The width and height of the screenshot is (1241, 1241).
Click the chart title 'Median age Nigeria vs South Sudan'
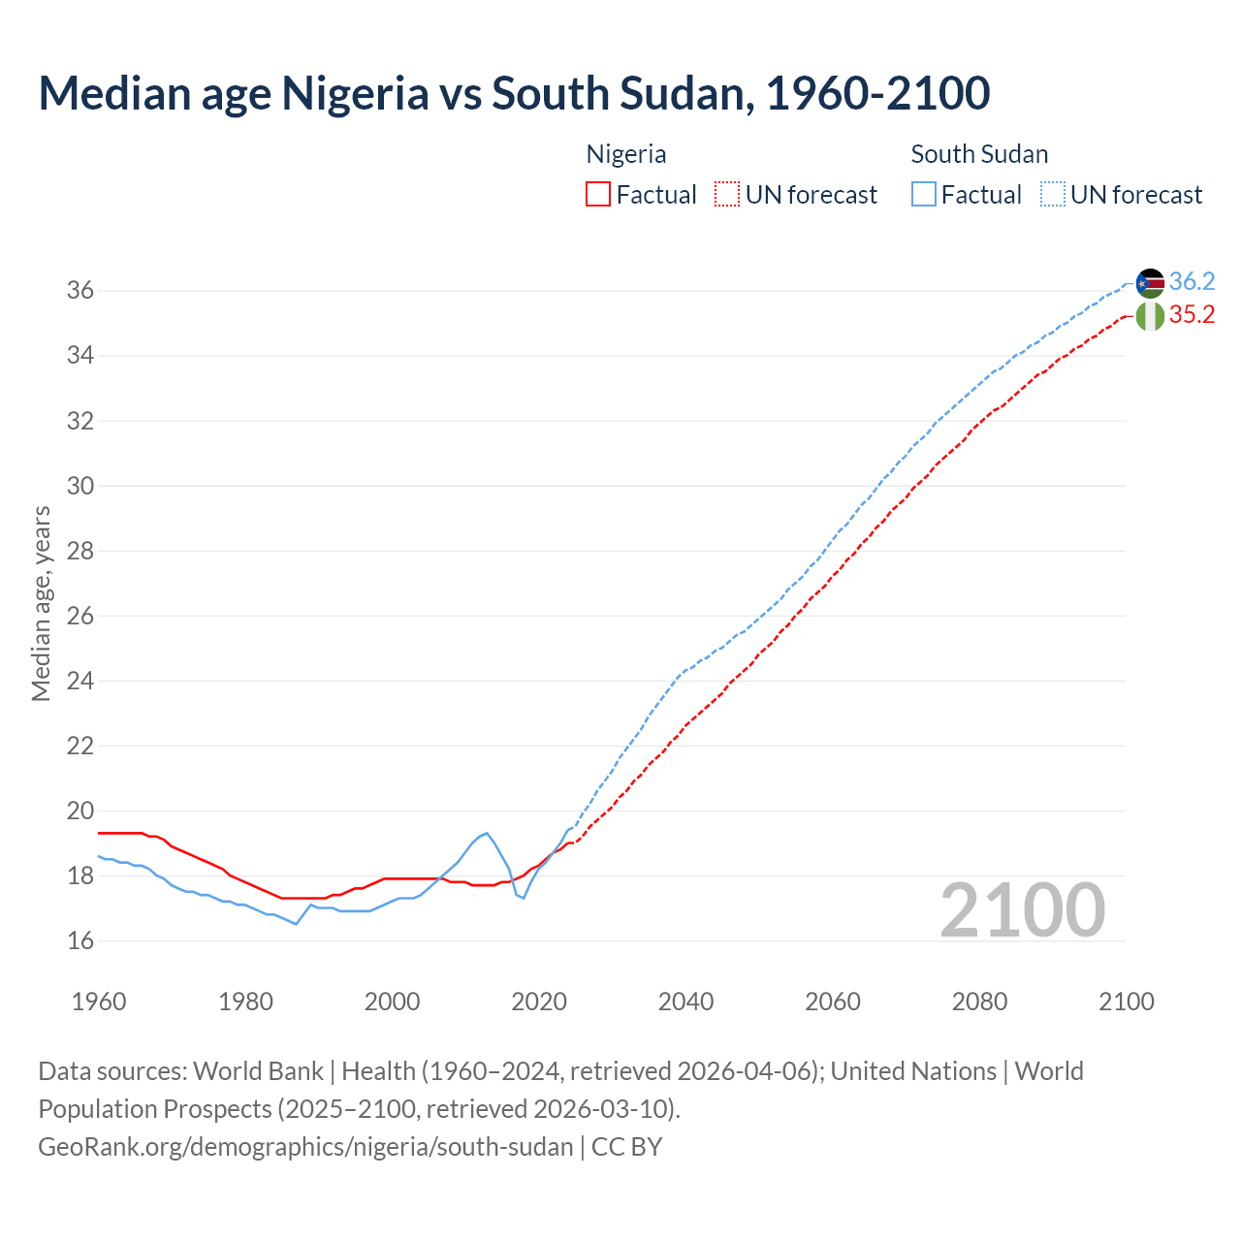pos(514,93)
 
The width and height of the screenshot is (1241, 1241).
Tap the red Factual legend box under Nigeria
pos(598,195)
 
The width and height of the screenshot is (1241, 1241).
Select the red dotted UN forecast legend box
pos(727,195)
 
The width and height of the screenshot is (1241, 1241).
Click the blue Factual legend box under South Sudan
pos(924,195)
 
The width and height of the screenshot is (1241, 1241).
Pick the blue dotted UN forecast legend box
pos(1053,195)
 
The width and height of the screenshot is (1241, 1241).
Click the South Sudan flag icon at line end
pos(1150,283)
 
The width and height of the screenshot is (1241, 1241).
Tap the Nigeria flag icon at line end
pos(1150,316)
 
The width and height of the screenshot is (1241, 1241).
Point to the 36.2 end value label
pos(1192,282)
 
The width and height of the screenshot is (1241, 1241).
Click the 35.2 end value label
pos(1192,315)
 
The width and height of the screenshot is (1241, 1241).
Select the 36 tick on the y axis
pos(80,291)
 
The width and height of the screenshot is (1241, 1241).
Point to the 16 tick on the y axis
pos(80,941)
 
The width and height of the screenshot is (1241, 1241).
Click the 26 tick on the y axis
pos(80,617)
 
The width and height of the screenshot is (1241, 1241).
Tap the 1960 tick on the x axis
pos(99,1002)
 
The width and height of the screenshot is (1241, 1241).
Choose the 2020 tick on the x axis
pos(539,1002)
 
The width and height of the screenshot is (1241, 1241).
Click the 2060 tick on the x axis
pos(833,1002)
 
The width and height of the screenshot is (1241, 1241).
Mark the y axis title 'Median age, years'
pos(41,603)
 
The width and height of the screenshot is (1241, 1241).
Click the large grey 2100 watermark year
pos(1022,910)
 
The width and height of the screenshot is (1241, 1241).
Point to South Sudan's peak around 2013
pos(487,833)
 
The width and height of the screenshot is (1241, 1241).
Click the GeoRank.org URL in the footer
pos(305,1147)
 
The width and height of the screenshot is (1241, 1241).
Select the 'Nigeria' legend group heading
pos(626,154)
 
